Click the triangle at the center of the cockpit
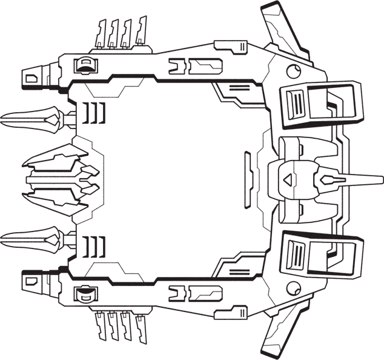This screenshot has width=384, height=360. (288, 180)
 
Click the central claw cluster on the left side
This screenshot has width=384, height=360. (58, 179)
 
